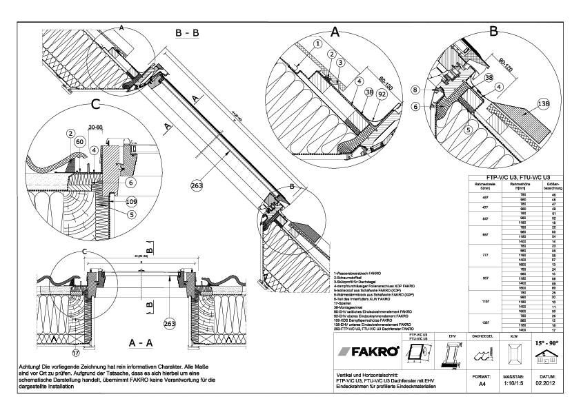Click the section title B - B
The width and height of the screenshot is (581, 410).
coord(188,32)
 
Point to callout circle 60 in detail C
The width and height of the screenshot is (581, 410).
coord(79,141)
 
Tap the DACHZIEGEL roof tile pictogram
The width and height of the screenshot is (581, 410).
coord(481,356)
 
